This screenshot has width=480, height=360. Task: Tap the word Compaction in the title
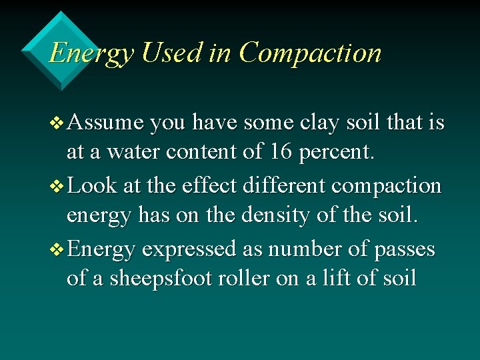(x=310, y=52)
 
